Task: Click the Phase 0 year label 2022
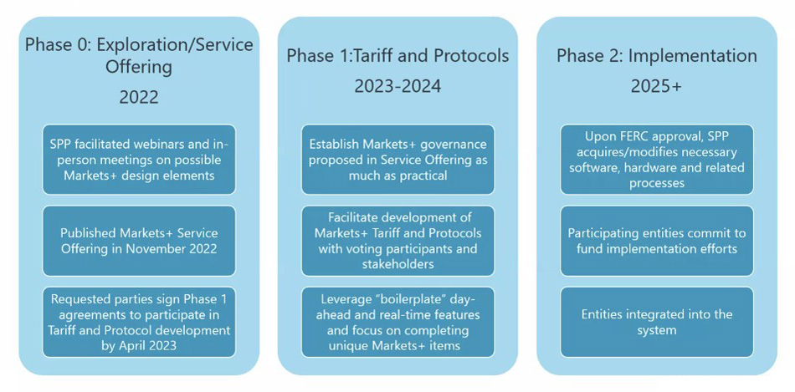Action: pyautogui.click(x=139, y=96)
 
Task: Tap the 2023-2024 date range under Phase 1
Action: pyautogui.click(x=397, y=86)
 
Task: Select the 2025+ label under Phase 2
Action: pyautogui.click(x=656, y=86)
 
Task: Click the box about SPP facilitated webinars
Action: pyautogui.click(x=139, y=160)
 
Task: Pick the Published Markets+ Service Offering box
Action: pyautogui.click(x=139, y=241)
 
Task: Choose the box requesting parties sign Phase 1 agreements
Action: pyautogui.click(x=139, y=322)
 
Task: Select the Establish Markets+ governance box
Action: pyautogui.click(x=397, y=160)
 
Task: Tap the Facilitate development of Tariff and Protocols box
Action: pyautogui.click(x=397, y=241)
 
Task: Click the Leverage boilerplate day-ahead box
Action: pyautogui.click(x=397, y=322)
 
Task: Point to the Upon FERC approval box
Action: pyautogui.click(x=657, y=160)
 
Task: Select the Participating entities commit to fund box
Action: pyautogui.click(x=657, y=241)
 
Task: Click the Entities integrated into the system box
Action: pyautogui.click(x=657, y=322)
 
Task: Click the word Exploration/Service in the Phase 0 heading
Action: pyautogui.click(x=175, y=45)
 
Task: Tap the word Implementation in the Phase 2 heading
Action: pyautogui.click(x=693, y=56)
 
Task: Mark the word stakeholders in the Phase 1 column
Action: pyautogui.click(x=397, y=264)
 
